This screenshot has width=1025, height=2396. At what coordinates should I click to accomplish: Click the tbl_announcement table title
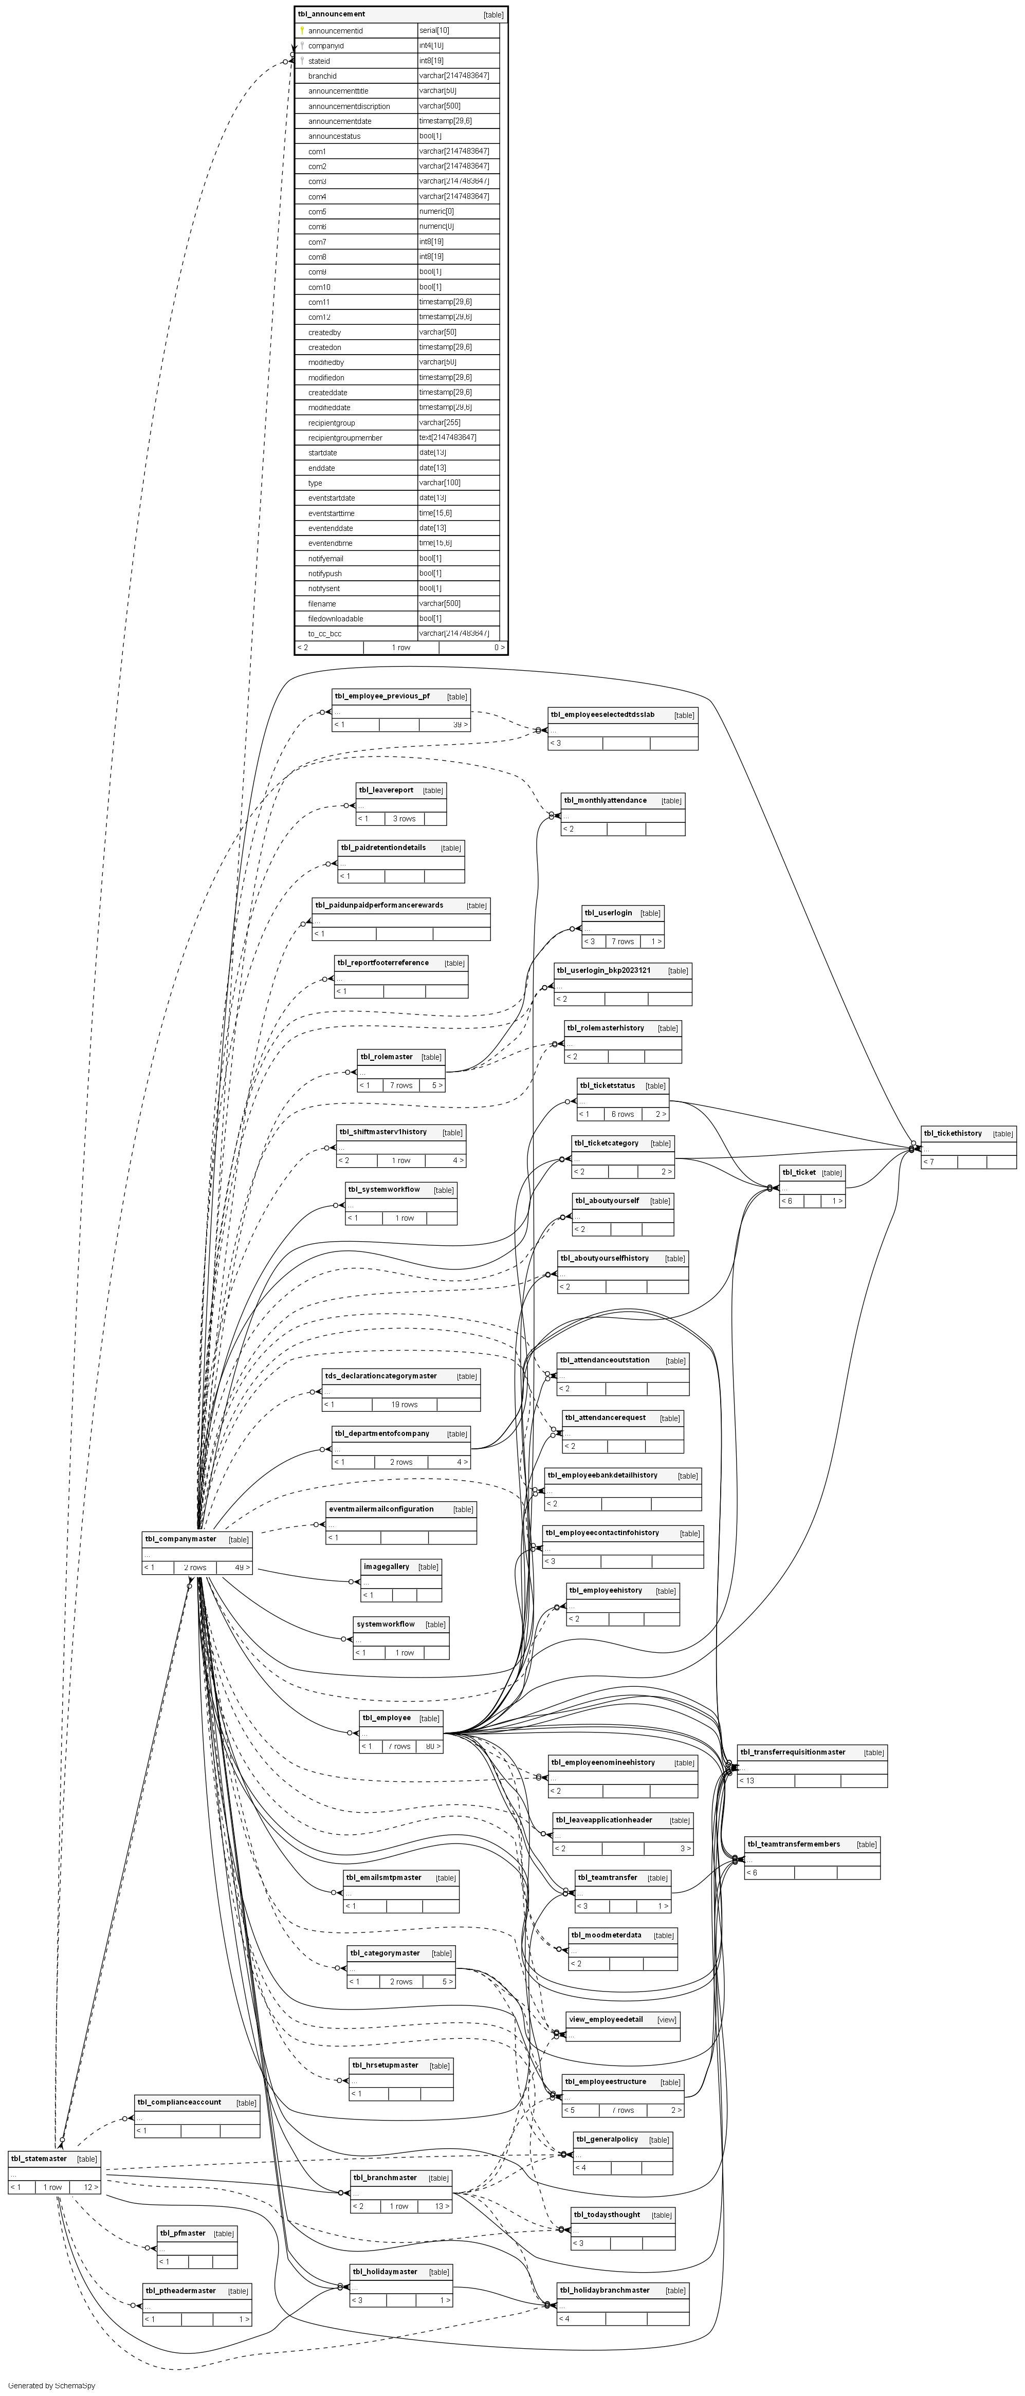coord(331,14)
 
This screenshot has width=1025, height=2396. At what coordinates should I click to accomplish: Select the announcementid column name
coord(335,31)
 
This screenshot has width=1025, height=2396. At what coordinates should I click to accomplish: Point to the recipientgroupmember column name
coord(345,437)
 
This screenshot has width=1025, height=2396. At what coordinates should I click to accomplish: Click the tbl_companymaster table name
coord(180,1538)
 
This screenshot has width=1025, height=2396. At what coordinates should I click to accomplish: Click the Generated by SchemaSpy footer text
coord(51,2386)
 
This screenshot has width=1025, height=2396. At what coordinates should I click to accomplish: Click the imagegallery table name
coord(386,1566)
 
